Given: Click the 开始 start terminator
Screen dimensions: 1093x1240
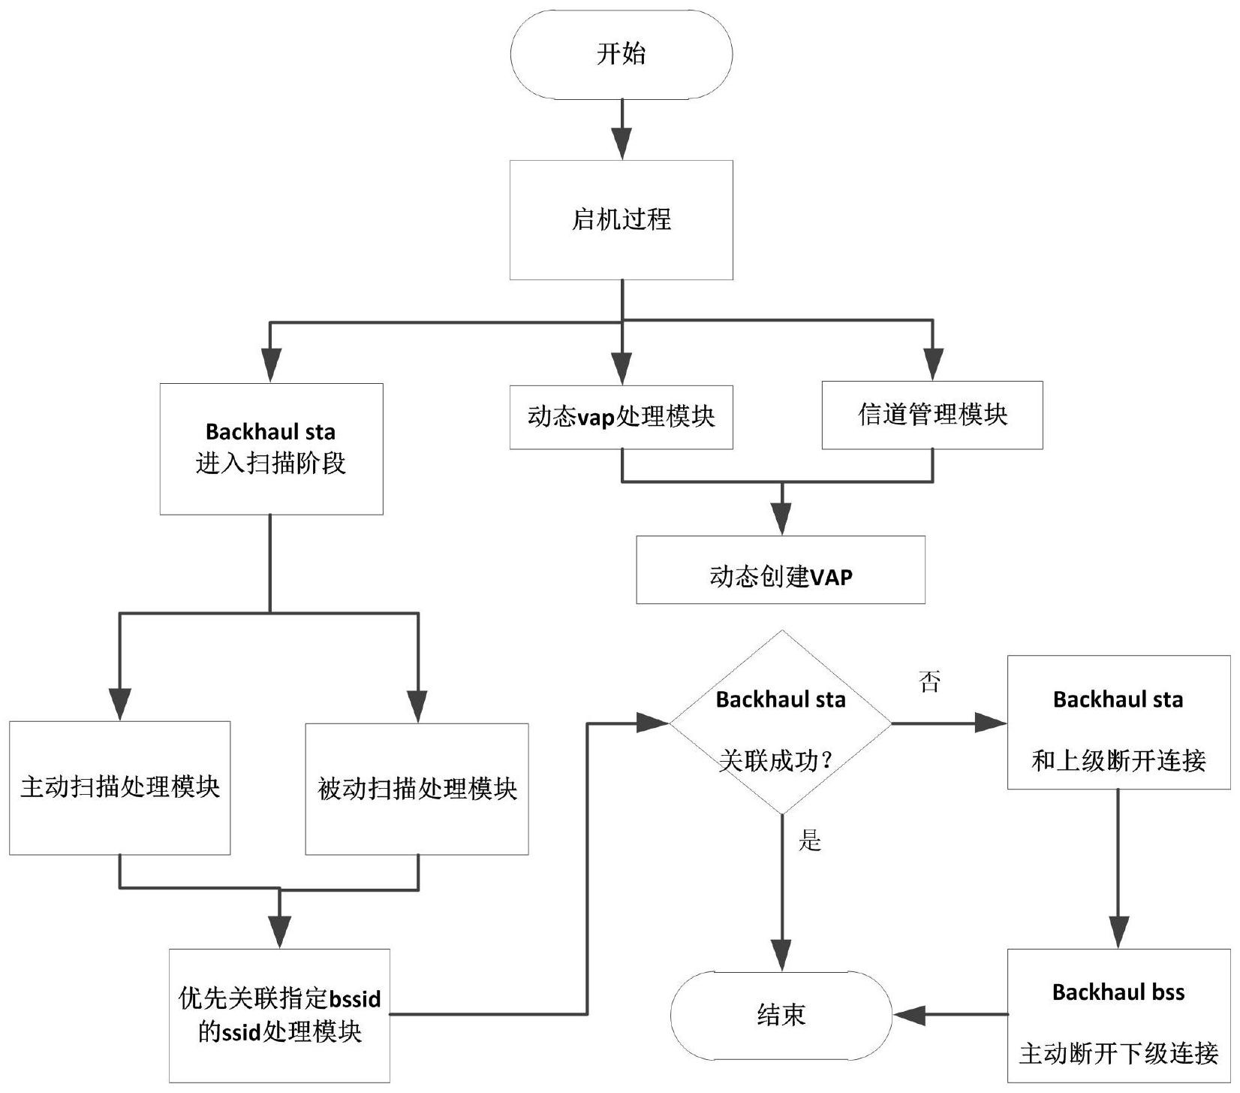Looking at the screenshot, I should pos(621,54).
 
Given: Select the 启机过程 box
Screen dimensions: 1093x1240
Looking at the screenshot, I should pos(621,219).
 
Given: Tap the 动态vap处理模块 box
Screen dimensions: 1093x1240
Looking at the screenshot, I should pos(621,417).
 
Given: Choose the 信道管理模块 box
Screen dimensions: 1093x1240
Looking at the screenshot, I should pos(932,415).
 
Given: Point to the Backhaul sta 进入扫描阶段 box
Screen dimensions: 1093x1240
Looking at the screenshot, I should pos(271,448).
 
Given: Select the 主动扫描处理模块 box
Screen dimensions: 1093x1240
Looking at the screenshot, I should pos(119,787).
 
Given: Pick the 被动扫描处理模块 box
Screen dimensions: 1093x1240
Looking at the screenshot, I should pos(417,789).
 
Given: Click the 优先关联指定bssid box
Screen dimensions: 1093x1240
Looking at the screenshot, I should pos(279,1015).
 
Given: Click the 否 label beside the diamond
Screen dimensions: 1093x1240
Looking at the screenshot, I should pos(929,682).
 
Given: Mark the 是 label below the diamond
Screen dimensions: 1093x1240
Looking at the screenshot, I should pos(810,840).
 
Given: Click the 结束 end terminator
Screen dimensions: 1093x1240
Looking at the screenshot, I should pos(781,1016).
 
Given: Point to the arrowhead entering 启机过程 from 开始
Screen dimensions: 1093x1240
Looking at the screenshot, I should pos(622,145).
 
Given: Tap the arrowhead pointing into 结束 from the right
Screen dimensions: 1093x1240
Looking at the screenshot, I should pos(908,1016).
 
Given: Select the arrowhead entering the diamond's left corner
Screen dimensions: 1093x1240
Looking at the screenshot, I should pos(652,723).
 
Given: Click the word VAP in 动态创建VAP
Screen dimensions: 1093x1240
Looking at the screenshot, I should pos(831,577).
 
